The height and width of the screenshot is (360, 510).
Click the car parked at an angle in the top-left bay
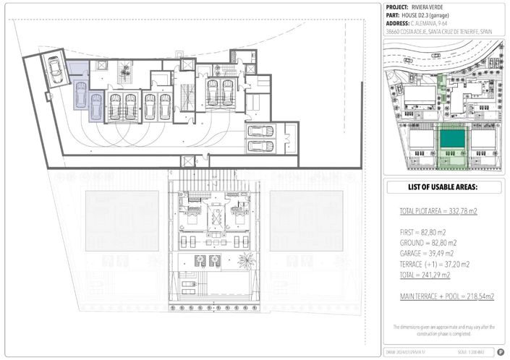coord(54,69)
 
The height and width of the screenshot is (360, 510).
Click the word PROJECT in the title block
coord(400,7)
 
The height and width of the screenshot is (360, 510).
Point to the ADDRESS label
coord(400,22)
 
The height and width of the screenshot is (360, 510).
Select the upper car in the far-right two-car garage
coord(260,132)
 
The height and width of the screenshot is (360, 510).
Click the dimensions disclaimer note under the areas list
coord(443,330)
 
